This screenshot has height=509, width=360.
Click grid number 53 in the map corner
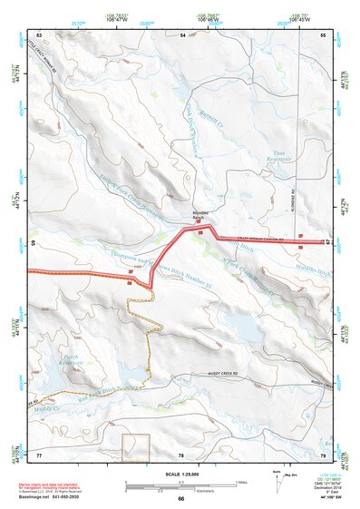tap(39, 34)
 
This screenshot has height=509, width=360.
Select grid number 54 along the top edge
tap(182, 34)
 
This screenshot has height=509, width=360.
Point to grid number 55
tap(322, 34)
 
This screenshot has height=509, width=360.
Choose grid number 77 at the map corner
tap(39, 454)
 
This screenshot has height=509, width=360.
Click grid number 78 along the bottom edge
tap(181, 454)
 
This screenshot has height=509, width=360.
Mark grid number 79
tap(322, 454)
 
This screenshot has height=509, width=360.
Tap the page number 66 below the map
tap(180, 498)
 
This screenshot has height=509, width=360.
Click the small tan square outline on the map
tap(135, 445)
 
